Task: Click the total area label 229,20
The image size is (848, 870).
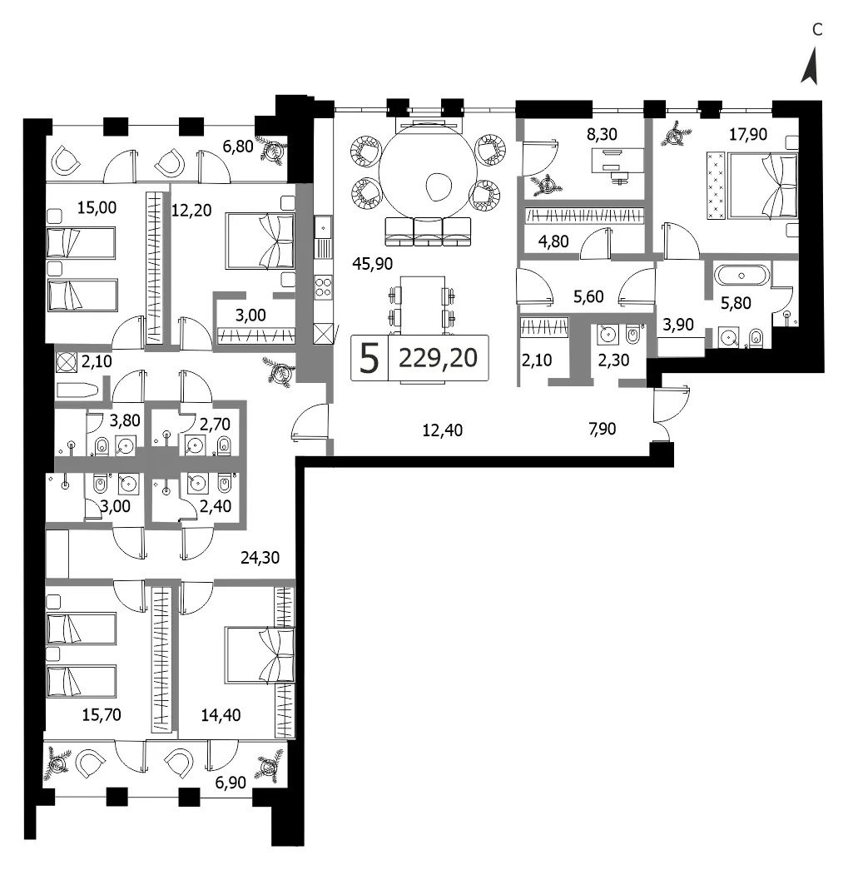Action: pyautogui.click(x=438, y=358)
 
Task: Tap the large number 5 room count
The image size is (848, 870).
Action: pyautogui.click(x=369, y=359)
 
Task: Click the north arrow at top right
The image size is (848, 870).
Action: pyautogui.click(x=811, y=66)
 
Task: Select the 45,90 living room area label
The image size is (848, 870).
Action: pyautogui.click(x=373, y=263)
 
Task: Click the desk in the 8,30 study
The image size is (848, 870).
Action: pyautogui.click(x=617, y=161)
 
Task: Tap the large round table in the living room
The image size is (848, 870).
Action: pyautogui.click(x=428, y=171)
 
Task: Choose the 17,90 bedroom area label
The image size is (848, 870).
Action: pyautogui.click(x=748, y=134)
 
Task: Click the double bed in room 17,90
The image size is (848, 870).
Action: pyautogui.click(x=762, y=185)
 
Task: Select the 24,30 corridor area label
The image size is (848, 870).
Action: pyautogui.click(x=260, y=557)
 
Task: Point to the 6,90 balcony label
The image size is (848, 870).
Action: pyautogui.click(x=231, y=783)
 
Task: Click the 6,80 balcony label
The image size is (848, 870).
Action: pyautogui.click(x=238, y=147)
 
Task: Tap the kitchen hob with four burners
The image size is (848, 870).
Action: pyautogui.click(x=323, y=288)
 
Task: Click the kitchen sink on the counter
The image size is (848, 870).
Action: pyautogui.click(x=323, y=227)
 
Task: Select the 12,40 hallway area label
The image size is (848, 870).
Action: pyautogui.click(x=443, y=430)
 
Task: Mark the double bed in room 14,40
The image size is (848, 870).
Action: pyautogui.click(x=259, y=655)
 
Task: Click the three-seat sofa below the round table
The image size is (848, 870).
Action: pyautogui.click(x=428, y=231)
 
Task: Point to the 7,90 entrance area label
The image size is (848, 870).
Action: pyautogui.click(x=603, y=429)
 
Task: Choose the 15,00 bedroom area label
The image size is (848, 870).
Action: pyautogui.click(x=97, y=207)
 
